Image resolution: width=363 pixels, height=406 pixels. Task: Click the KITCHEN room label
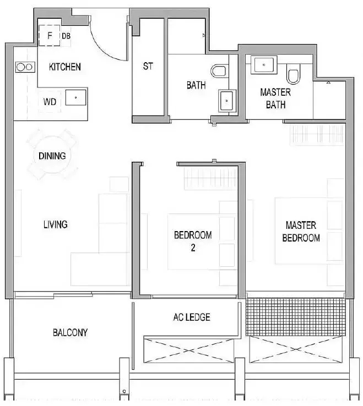tap(65, 67)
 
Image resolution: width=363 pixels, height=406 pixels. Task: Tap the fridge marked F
tap(49, 35)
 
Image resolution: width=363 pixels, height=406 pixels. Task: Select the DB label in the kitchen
tap(66, 36)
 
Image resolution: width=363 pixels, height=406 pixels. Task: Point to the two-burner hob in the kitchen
tap(25, 67)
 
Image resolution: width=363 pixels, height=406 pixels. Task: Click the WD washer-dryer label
tap(50, 102)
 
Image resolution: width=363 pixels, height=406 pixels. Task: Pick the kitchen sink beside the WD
tap(75, 97)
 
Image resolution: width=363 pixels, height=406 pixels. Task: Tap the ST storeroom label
tap(148, 66)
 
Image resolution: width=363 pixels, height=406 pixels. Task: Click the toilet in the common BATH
tap(219, 71)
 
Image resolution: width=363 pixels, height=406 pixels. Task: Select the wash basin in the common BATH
tap(227, 101)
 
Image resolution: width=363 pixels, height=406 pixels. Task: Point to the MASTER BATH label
tap(275, 98)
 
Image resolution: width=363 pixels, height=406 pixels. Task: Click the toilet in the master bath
tap(293, 74)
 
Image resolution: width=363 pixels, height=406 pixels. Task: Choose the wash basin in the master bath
tap(264, 65)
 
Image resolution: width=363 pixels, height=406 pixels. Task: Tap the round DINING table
tap(52, 156)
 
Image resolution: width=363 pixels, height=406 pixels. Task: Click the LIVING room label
tap(56, 224)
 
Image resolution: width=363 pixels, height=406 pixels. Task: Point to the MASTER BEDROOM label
tap(301, 232)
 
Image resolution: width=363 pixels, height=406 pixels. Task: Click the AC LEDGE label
tap(192, 317)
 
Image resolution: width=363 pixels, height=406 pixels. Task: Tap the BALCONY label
tap(71, 332)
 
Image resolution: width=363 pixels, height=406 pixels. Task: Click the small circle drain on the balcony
tap(124, 391)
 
